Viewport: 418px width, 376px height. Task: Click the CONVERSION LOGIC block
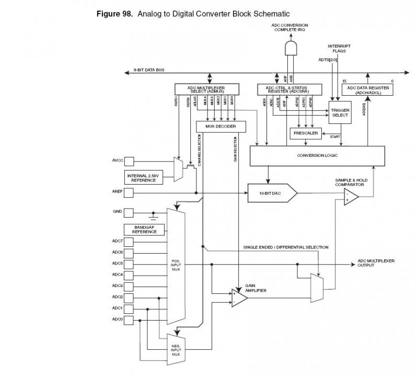tap(317, 155)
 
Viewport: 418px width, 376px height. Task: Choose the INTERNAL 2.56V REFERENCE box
tap(142, 178)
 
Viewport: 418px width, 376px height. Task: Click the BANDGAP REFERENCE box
tap(144, 230)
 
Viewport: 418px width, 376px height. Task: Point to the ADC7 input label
tap(117, 241)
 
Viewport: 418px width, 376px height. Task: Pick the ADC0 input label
tap(117, 319)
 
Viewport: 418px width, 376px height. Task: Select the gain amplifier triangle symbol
tap(239, 298)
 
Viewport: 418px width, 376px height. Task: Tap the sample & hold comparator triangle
tap(351, 198)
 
